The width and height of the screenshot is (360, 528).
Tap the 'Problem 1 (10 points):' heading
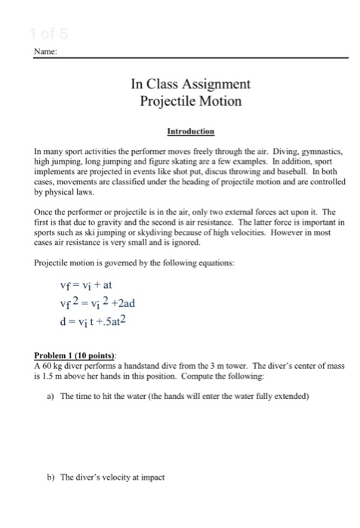point(71,355)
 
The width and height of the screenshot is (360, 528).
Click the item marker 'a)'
point(50,396)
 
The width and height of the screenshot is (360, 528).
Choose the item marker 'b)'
point(50,477)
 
